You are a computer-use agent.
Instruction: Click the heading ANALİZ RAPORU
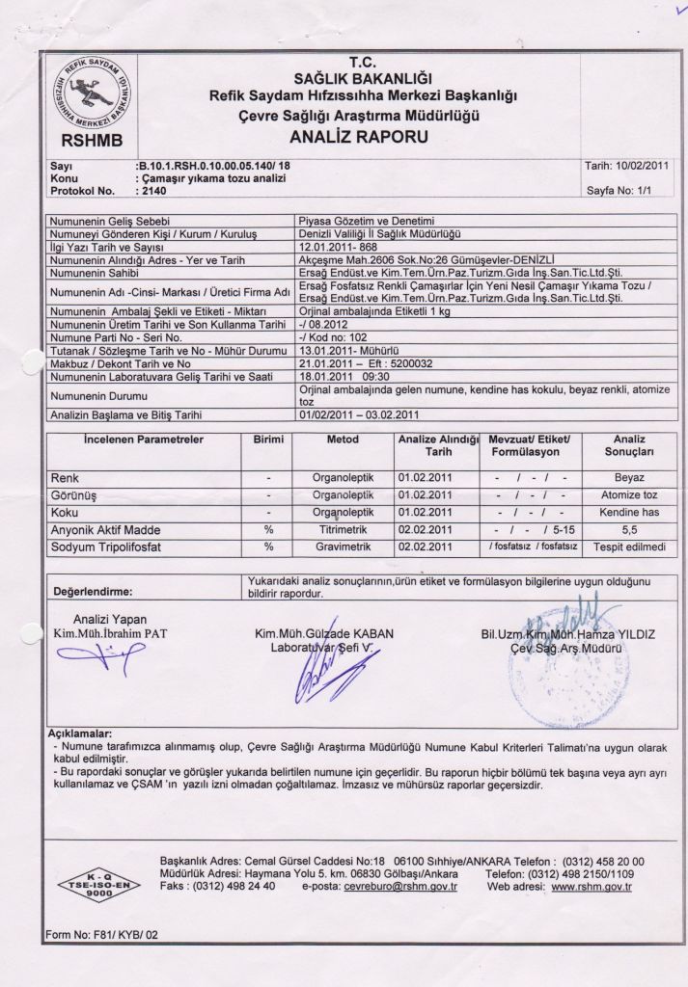tap(358, 137)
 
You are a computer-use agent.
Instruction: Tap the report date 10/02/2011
tap(642, 166)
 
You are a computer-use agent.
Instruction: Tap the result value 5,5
tap(629, 530)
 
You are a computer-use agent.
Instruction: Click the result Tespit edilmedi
tap(629, 547)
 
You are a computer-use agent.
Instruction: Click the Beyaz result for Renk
tap(629, 477)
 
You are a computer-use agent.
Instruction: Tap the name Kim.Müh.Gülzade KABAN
tap(324, 633)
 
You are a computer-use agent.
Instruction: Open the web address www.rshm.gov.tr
tap(591, 886)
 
